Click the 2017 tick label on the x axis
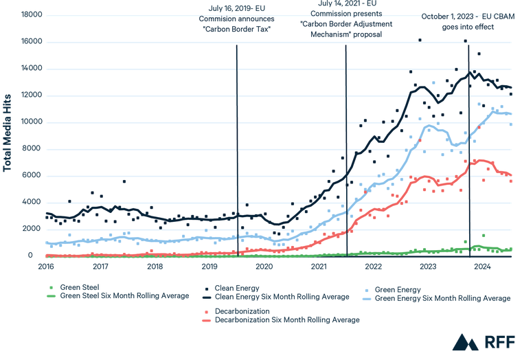coord(101,265)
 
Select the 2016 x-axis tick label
coord(47,265)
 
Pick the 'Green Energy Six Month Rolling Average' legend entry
coord(443,299)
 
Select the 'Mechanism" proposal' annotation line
coord(346,34)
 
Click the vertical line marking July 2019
coord(237,151)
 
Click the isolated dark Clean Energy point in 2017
coord(124,181)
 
